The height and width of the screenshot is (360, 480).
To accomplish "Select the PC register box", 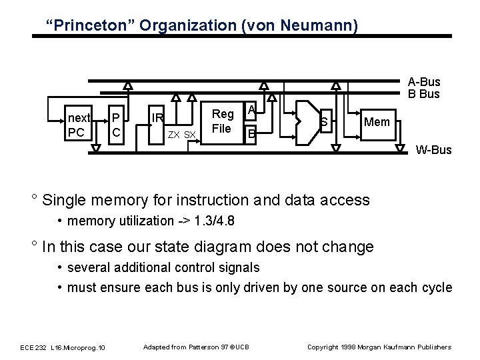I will point(116,125).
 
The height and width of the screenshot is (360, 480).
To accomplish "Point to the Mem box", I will point(377,122).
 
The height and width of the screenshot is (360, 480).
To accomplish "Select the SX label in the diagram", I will point(190,135).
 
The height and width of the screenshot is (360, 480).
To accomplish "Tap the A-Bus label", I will point(424,82).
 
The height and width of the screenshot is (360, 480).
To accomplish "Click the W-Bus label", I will point(433,149).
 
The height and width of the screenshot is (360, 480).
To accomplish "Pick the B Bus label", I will point(424,93).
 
